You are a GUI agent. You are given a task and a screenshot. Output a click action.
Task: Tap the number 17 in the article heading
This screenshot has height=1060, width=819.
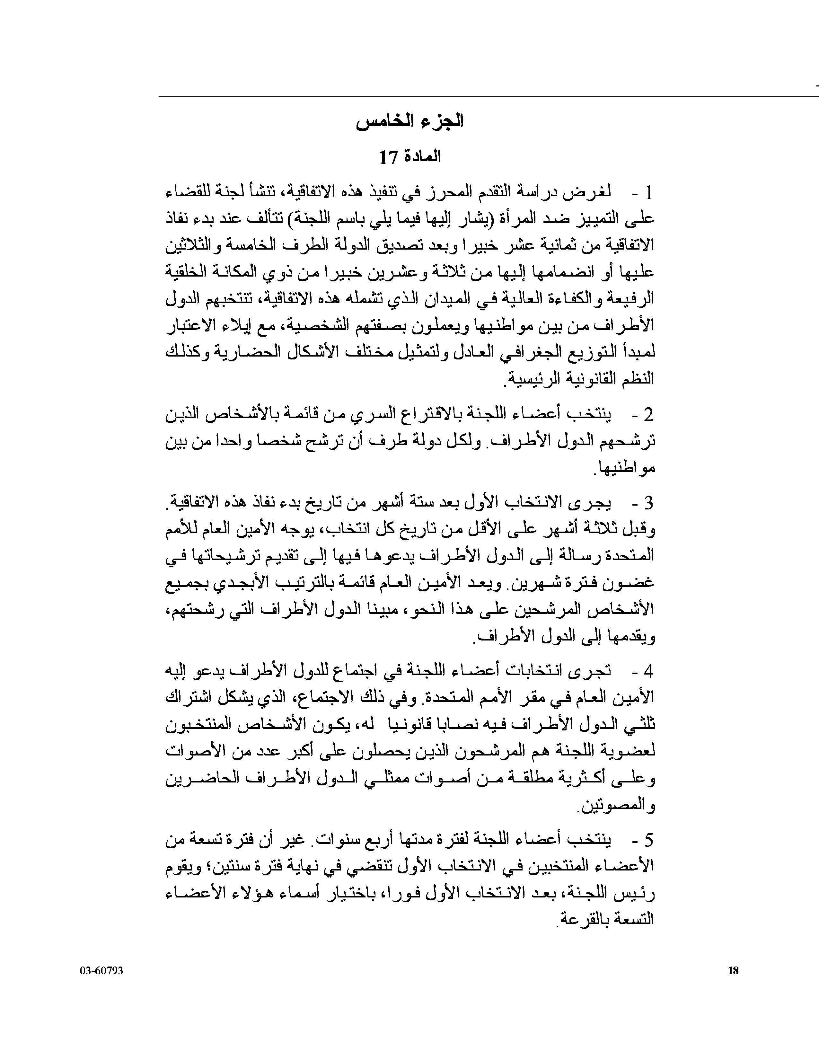coord(389,157)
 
